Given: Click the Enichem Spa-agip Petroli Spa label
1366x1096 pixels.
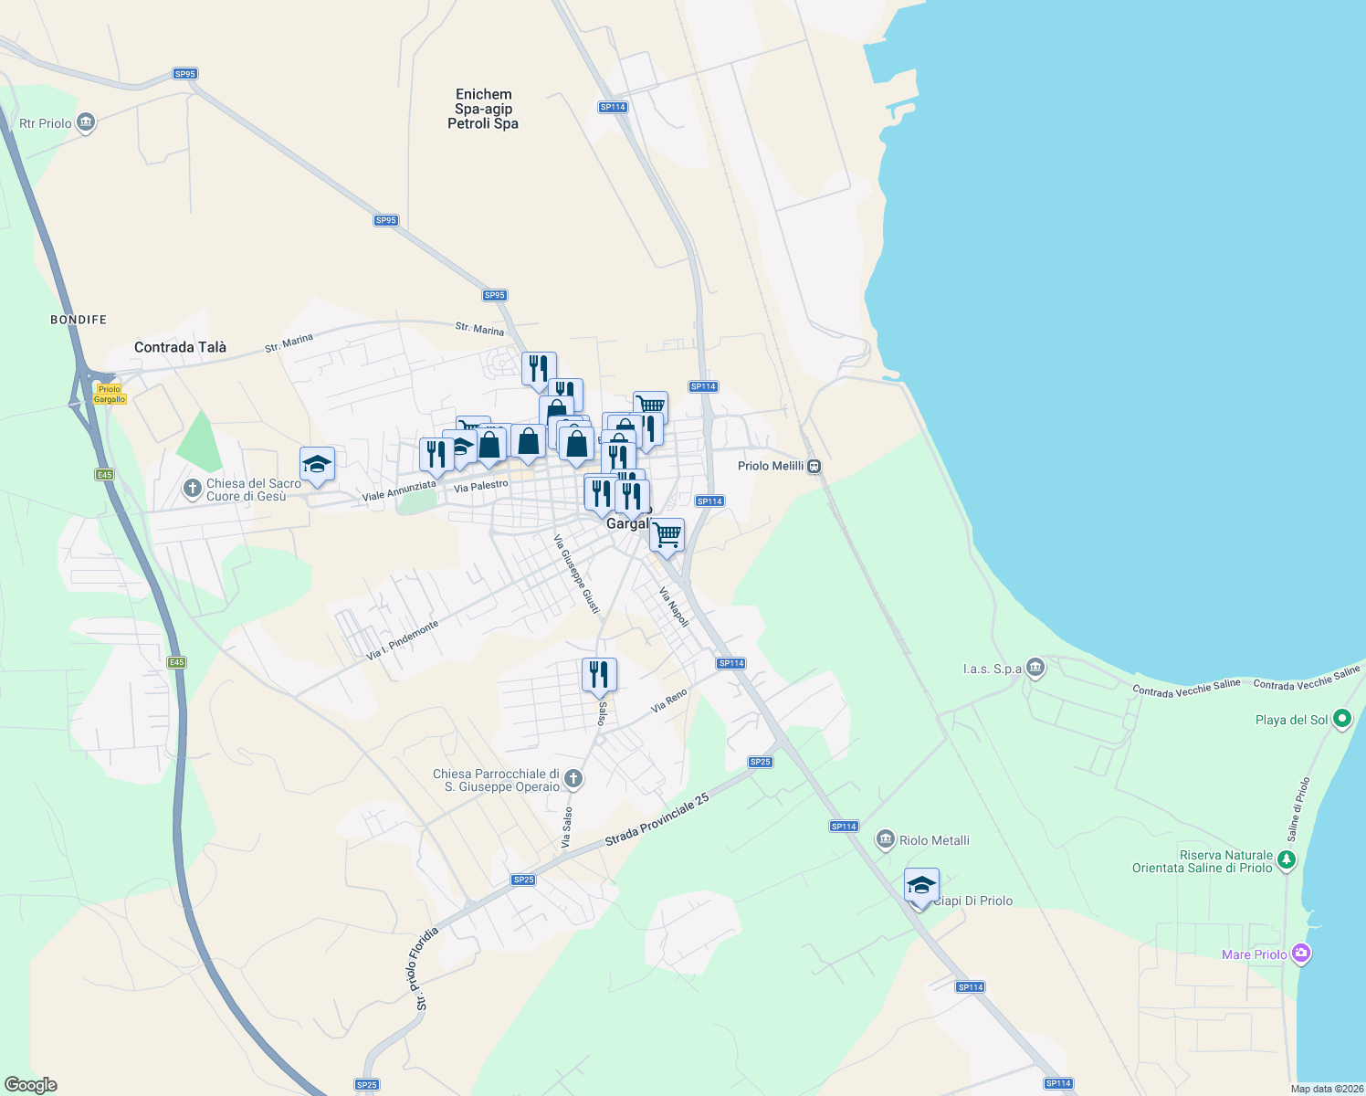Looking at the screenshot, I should click(x=483, y=109).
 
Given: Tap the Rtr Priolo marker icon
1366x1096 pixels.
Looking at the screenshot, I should click(x=86, y=122).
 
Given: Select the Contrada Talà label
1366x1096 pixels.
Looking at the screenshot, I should click(x=180, y=347).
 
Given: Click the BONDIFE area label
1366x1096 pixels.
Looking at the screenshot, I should click(x=79, y=320).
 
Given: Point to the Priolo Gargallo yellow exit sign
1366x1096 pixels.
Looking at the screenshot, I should click(x=110, y=394).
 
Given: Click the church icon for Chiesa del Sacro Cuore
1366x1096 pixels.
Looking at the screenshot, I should click(x=192, y=489).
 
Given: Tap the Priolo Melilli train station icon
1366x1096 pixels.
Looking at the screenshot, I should click(x=814, y=467).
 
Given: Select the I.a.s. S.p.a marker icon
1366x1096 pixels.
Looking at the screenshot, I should click(x=1035, y=669).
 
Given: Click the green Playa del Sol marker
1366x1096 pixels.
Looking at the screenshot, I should click(x=1341, y=719).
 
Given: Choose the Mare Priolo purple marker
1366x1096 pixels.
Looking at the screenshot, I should click(x=1301, y=954).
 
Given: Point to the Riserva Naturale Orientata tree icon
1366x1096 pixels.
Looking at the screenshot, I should click(x=1287, y=859).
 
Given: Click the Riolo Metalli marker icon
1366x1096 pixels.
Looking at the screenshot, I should click(x=885, y=839).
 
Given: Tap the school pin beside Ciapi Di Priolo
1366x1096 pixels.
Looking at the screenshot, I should click(x=921, y=885).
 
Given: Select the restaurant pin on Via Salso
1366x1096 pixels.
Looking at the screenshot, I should click(x=599, y=675).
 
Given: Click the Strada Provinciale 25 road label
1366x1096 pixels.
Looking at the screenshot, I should click(x=657, y=820).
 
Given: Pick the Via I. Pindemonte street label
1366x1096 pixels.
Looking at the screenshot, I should click(x=403, y=640).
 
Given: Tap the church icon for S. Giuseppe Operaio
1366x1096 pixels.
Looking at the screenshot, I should click(x=573, y=779).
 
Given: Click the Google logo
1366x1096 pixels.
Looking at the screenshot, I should click(x=31, y=1085).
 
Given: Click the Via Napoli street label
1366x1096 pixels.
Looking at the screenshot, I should click(x=674, y=606).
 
